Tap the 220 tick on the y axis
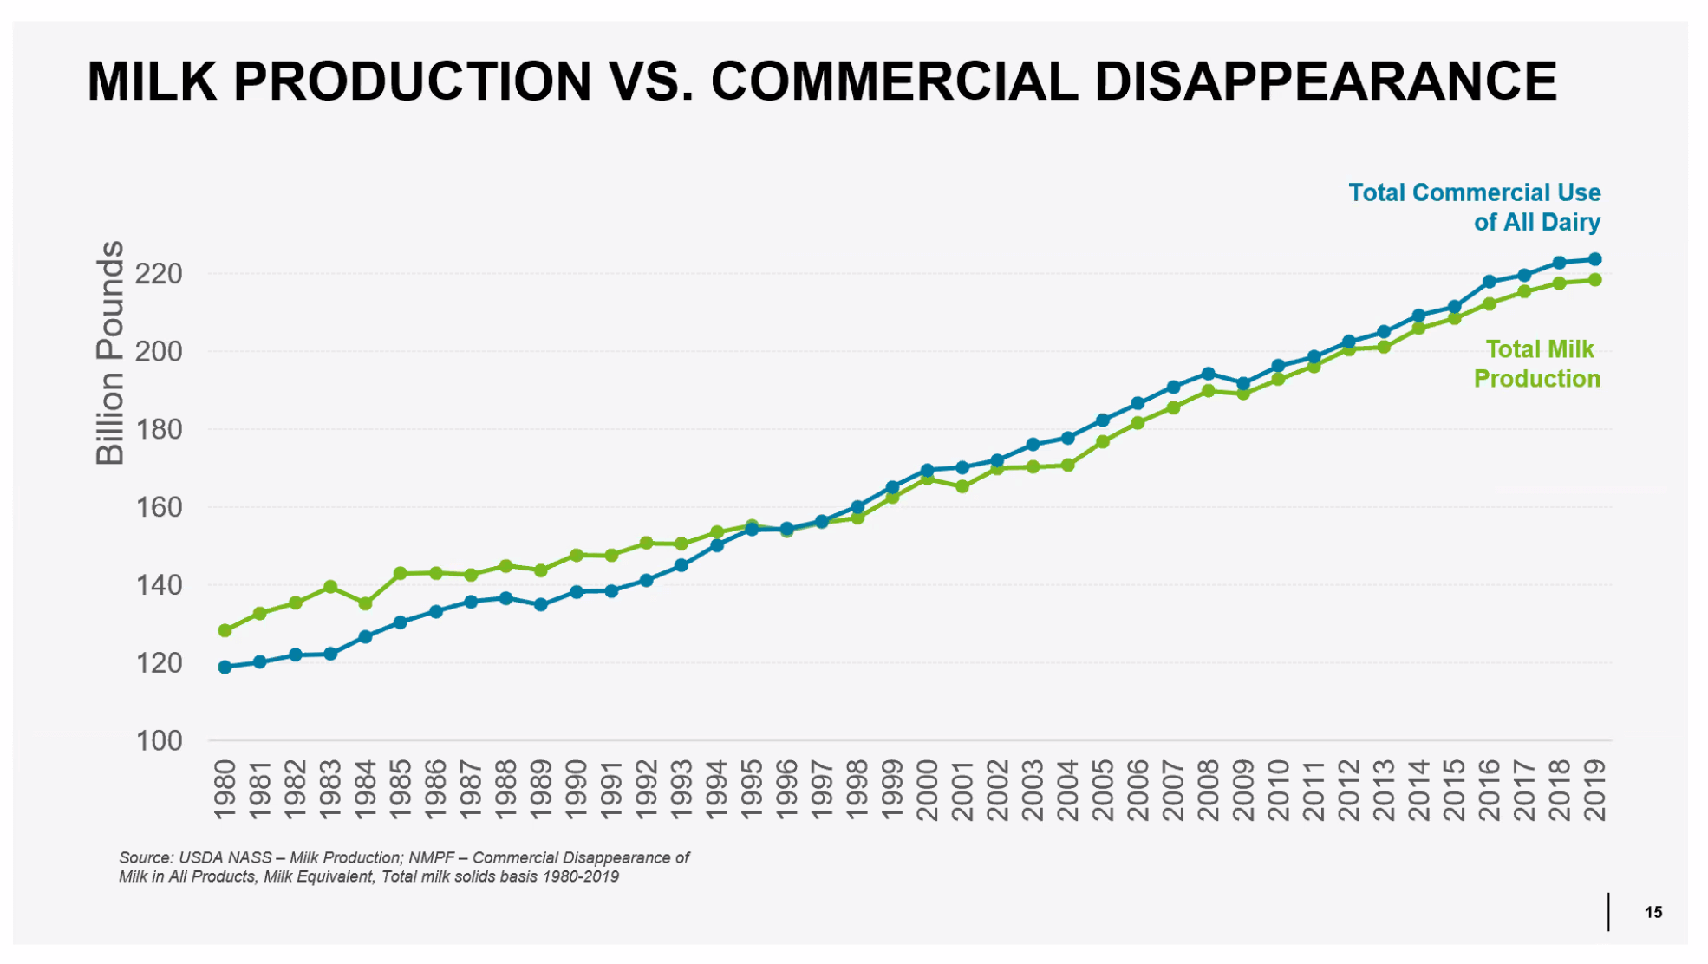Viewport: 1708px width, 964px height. click(160, 274)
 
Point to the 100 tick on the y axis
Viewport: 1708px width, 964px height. click(160, 741)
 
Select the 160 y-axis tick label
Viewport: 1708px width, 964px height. click(160, 507)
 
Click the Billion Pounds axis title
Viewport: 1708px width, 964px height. click(110, 353)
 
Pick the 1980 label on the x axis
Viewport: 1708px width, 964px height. click(225, 790)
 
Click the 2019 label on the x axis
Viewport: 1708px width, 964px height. click(1594, 790)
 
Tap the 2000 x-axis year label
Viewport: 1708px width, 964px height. click(928, 790)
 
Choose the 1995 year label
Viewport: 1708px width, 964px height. click(752, 790)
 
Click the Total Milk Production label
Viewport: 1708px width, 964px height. click(1537, 364)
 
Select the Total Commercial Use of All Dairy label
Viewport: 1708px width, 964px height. click(1475, 207)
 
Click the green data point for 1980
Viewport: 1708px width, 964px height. click(225, 630)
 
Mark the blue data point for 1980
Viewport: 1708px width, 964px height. click(225, 668)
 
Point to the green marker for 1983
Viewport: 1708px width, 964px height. click(330, 587)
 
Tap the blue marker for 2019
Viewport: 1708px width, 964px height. click(1594, 259)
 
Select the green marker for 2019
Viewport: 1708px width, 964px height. click(1594, 280)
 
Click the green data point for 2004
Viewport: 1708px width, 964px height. click(1068, 466)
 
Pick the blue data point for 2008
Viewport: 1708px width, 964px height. click(1209, 374)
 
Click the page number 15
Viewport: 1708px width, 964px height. click(1653, 912)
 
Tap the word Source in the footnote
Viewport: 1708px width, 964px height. click(146, 857)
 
